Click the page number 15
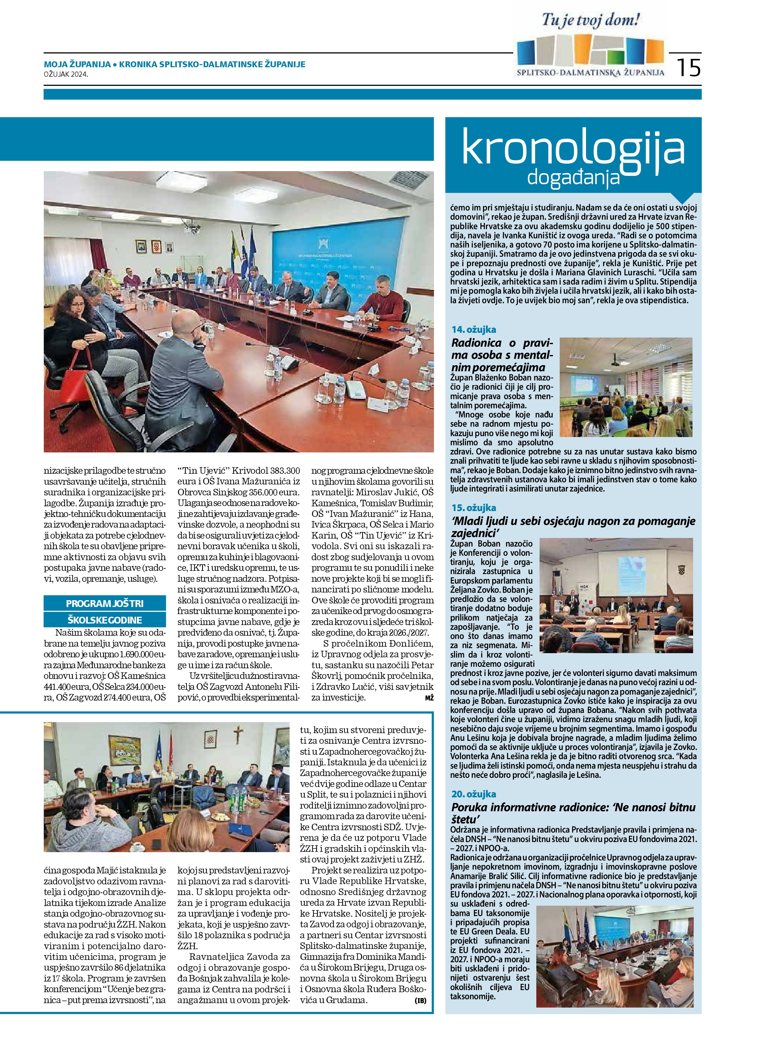[x=689, y=68]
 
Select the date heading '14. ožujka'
[x=474, y=330]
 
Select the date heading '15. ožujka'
[x=474, y=508]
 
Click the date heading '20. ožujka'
[x=474, y=794]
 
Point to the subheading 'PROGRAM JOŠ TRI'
[x=105, y=603]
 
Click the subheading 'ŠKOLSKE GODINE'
[x=105, y=620]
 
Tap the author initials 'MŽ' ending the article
[x=429, y=698]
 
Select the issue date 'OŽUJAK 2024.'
[x=66, y=73]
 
